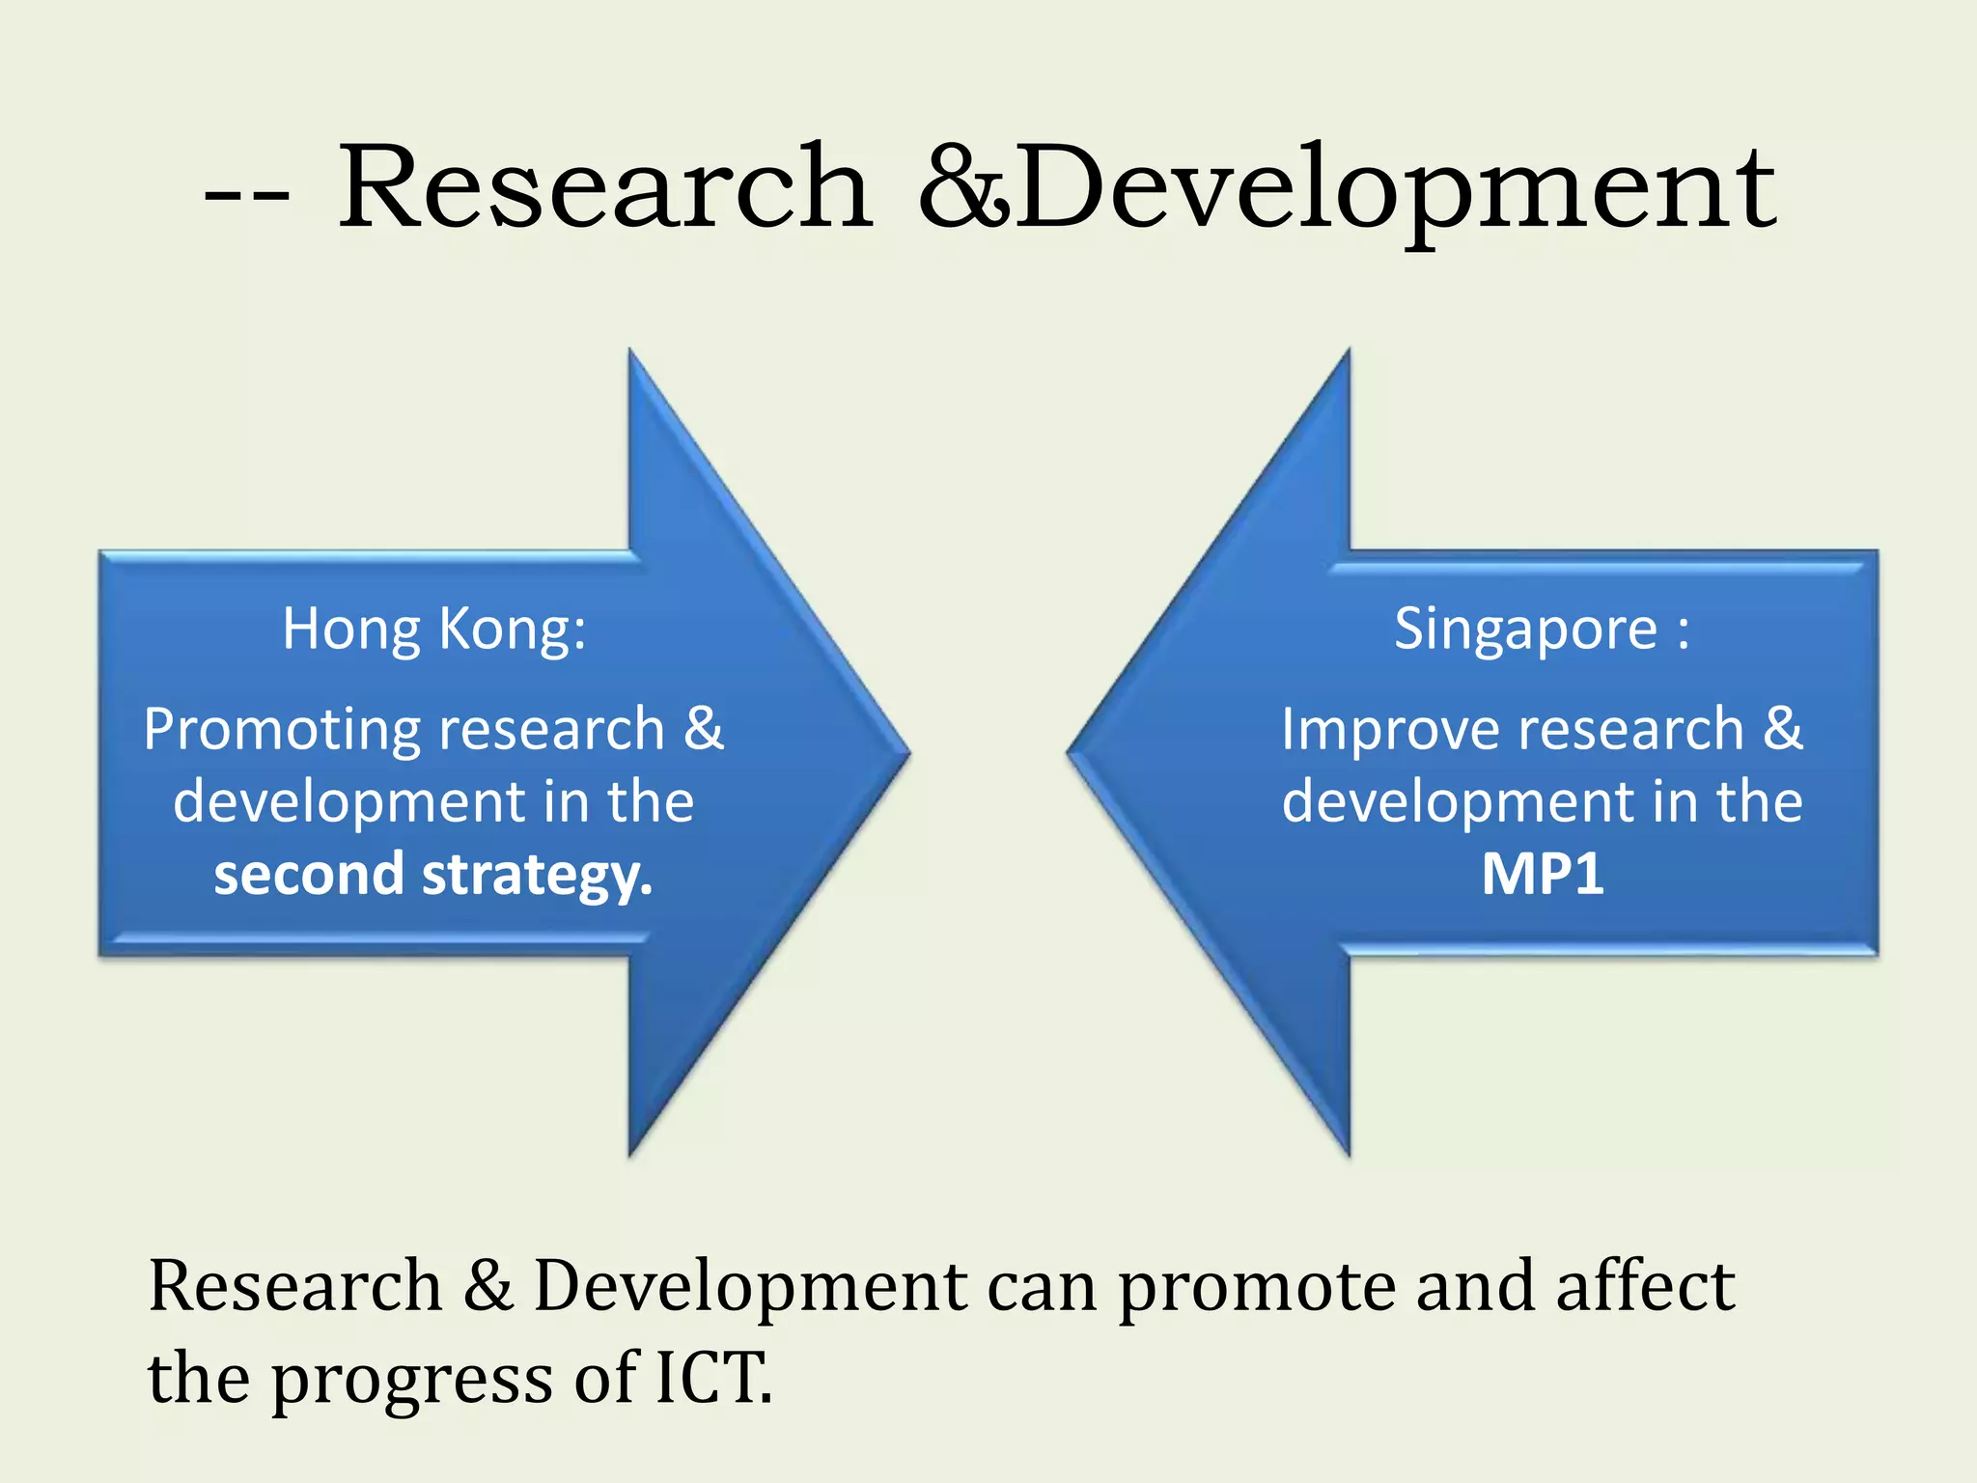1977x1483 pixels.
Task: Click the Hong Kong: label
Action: coord(433,629)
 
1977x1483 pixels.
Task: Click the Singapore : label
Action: coord(1542,629)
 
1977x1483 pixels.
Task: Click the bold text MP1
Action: coord(1543,874)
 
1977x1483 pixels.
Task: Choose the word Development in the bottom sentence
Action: coord(750,1288)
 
